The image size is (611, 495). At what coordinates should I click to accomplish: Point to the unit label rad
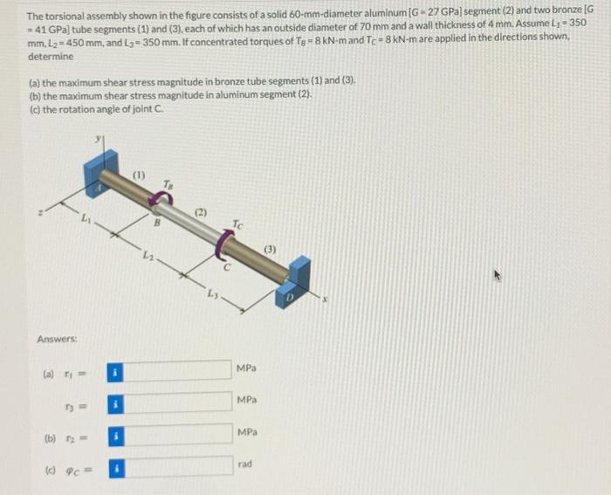pos(245,464)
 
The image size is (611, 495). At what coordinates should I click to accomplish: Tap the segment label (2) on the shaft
pos(200,212)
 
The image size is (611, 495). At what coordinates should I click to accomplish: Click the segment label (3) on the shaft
pos(272,250)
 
